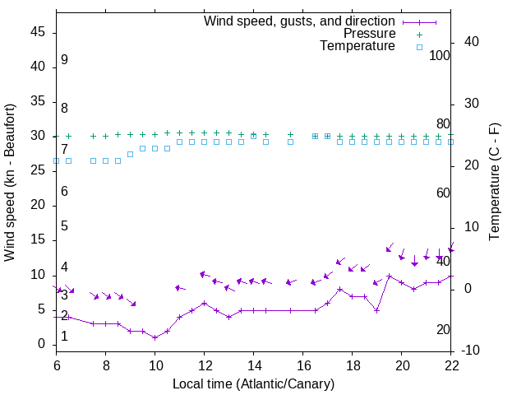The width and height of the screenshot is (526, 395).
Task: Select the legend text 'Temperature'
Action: tap(358, 46)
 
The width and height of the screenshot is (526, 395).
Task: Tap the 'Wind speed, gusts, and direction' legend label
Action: tap(300, 21)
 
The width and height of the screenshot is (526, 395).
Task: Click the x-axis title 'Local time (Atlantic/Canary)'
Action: tap(254, 383)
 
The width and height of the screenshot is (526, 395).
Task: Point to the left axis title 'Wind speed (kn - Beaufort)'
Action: tap(10, 183)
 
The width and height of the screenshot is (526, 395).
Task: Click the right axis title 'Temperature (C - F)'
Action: tap(494, 183)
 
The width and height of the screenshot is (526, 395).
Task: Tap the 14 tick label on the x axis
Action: tap(254, 365)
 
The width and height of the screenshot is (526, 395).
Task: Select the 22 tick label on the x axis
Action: tap(451, 365)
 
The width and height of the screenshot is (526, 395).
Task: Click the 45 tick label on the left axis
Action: tap(38, 32)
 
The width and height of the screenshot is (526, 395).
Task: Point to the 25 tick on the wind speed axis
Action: tap(38, 170)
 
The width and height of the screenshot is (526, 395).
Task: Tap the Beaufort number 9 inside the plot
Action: tap(64, 60)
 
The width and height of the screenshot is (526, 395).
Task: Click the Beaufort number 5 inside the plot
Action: tap(64, 226)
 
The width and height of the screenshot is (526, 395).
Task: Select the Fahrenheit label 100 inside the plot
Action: tap(441, 55)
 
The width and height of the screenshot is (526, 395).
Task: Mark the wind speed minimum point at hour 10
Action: tap(155, 337)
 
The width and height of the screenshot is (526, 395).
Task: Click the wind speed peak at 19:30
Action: tap(390, 276)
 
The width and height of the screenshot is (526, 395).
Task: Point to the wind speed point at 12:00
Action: tap(205, 303)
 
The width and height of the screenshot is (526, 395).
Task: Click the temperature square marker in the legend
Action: tap(419, 47)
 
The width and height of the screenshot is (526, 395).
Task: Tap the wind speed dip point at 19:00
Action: tap(377, 310)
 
